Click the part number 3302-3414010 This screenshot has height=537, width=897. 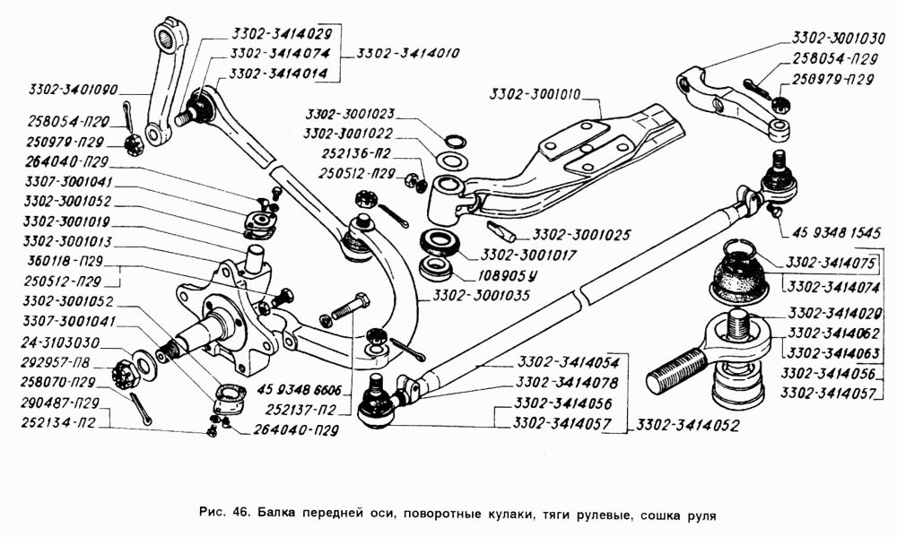pos(408,54)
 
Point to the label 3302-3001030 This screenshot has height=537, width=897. pos(838,39)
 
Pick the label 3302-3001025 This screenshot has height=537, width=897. pos(582,235)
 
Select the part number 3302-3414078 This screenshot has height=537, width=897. pos(564,383)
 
